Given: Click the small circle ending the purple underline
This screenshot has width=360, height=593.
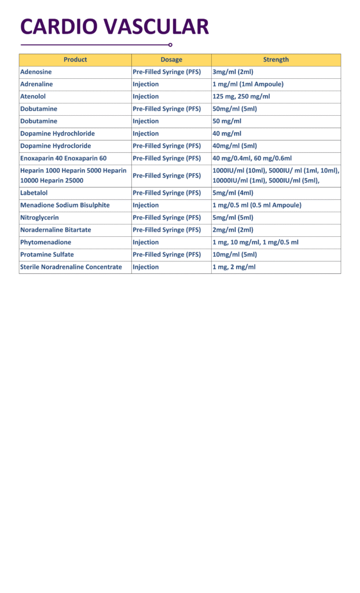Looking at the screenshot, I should pyautogui.click(x=170, y=45).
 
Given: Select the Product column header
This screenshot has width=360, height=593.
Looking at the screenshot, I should pyautogui.click(x=75, y=60).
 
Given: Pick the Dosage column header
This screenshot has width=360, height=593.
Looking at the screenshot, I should pyautogui.click(x=171, y=60).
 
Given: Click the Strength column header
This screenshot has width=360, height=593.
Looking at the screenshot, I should pyautogui.click(x=275, y=60).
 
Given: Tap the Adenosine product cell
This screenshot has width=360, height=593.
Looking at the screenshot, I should pyautogui.click(x=36, y=72).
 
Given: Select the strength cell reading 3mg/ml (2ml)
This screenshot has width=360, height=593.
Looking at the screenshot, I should pyautogui.click(x=233, y=72).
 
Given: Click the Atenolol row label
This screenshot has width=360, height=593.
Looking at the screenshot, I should pyautogui.click(x=33, y=97).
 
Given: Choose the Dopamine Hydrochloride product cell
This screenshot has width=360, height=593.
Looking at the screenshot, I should pyautogui.click(x=57, y=134).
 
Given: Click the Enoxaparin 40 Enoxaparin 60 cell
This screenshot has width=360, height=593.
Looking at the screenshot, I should pyautogui.click(x=63, y=158).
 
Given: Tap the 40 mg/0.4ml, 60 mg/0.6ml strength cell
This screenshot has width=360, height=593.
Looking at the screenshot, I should pyautogui.click(x=252, y=158).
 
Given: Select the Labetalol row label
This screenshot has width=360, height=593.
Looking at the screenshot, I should pyautogui.click(x=34, y=193).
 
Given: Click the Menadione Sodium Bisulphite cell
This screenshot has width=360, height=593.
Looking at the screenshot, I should pyautogui.click(x=65, y=205).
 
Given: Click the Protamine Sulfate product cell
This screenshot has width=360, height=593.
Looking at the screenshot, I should pyautogui.click(x=47, y=255).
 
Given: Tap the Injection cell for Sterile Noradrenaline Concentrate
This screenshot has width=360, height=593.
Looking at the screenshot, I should pyautogui.click(x=146, y=267).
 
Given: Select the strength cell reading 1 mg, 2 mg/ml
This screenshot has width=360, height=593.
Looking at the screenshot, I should pyautogui.click(x=234, y=267).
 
